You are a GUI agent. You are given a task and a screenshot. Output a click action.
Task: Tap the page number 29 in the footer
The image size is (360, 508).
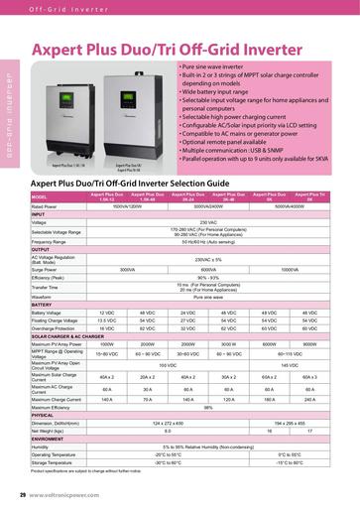point(23,493)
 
